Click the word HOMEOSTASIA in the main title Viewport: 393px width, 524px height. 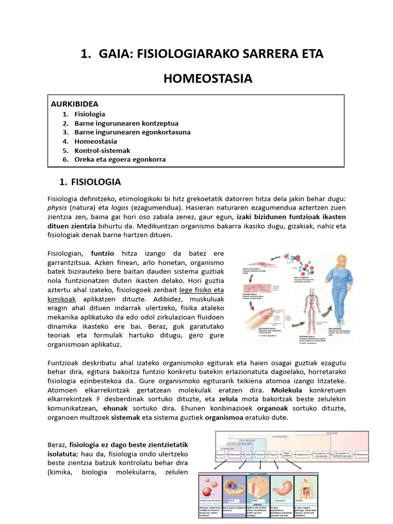(x=208, y=78)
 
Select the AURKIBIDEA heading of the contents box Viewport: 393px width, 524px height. (x=75, y=104)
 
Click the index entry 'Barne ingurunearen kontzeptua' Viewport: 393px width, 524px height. (x=126, y=123)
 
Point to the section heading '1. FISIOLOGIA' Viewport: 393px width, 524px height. (x=90, y=182)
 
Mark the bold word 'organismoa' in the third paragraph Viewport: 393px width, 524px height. (x=224, y=417)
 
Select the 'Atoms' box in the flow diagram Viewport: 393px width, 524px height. (x=221, y=454)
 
